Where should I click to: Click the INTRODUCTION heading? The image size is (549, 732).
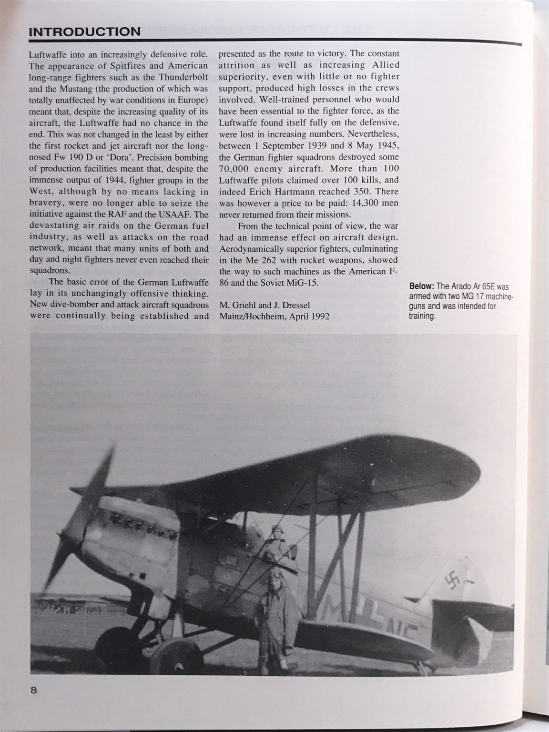coord(84,32)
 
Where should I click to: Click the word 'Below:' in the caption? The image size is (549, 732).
coord(421,286)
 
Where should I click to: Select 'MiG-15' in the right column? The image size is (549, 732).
coord(302,282)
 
